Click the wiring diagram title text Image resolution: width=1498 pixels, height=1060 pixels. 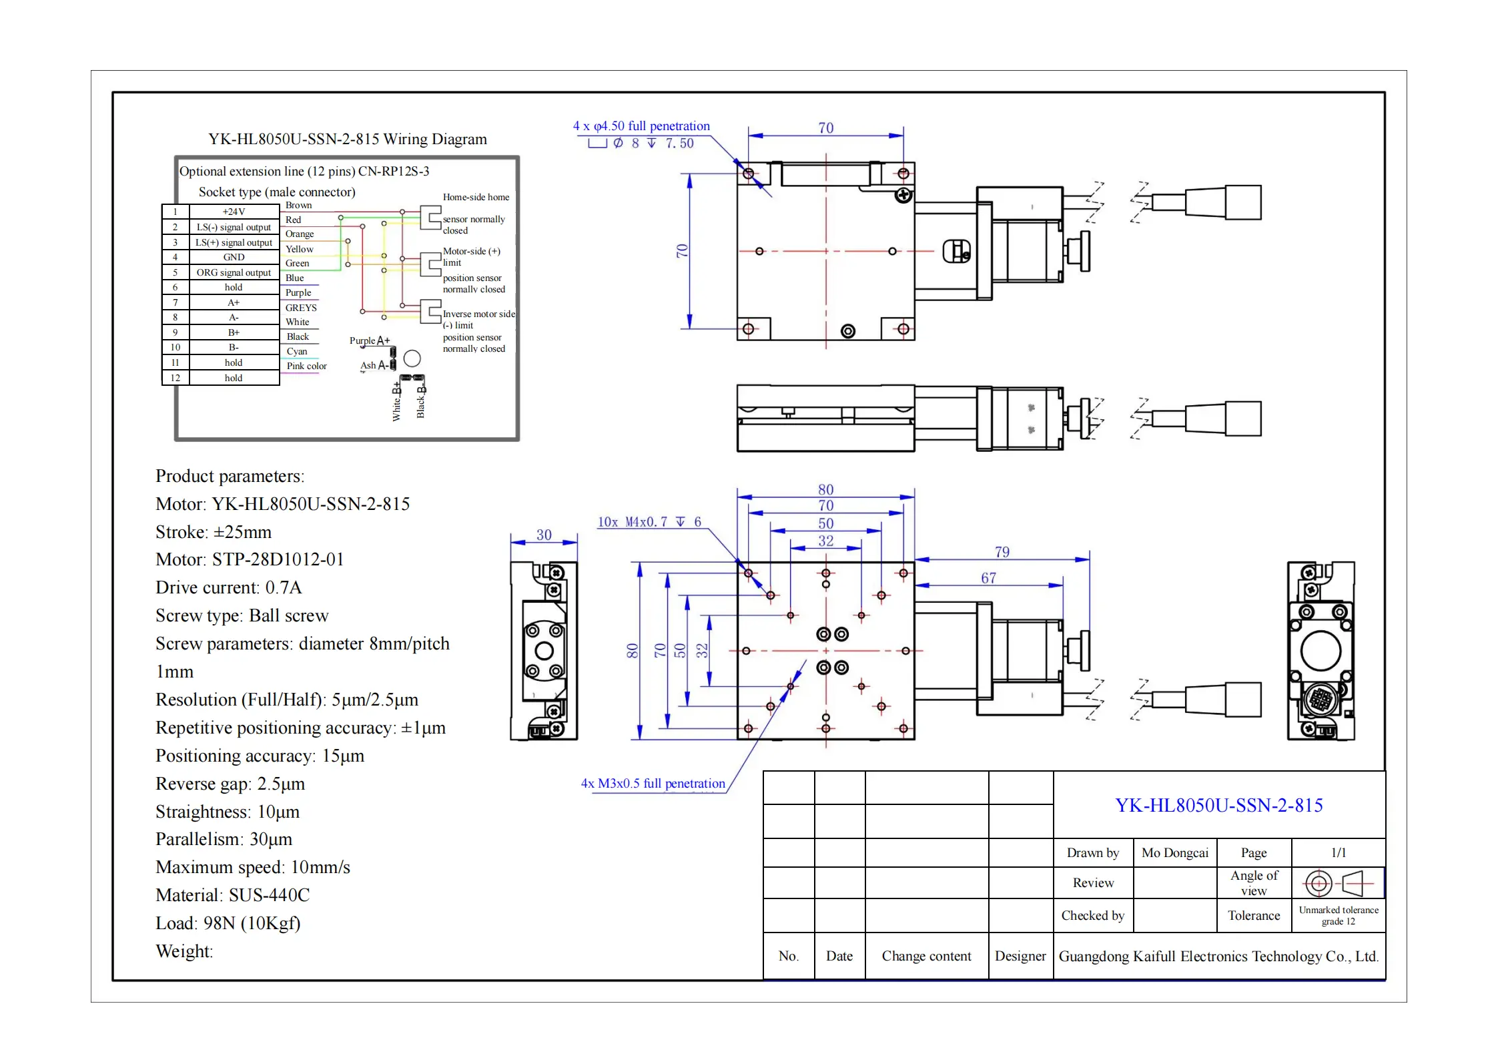point(347,139)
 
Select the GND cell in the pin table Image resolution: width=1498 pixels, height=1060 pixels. point(234,257)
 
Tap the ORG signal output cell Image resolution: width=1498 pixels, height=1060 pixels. point(234,272)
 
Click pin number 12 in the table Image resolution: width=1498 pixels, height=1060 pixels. point(175,378)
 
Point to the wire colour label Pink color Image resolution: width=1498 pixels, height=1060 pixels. point(306,366)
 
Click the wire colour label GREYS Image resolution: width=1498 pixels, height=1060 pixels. point(301,308)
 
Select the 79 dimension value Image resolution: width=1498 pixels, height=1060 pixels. point(1002,552)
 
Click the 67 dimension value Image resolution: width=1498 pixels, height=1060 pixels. point(988,578)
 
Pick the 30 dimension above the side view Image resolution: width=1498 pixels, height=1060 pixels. point(544,535)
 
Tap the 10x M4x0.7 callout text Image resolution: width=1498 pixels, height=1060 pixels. point(649,522)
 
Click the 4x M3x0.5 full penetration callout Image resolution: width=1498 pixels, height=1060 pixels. point(653,783)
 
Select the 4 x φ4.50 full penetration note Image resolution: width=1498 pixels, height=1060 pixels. point(641,125)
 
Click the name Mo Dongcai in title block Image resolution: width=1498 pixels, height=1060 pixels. point(1174,852)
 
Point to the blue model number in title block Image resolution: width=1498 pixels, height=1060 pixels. point(1218,805)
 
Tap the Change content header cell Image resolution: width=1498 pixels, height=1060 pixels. point(926,956)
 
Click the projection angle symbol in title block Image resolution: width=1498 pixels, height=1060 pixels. point(1337,883)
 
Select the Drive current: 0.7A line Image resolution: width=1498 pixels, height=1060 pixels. point(228,587)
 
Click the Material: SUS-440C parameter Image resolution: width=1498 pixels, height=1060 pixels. point(232,895)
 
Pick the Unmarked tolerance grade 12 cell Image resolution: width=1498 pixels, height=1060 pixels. point(1338,915)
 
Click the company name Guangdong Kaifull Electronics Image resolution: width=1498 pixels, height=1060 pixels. point(1218,956)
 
